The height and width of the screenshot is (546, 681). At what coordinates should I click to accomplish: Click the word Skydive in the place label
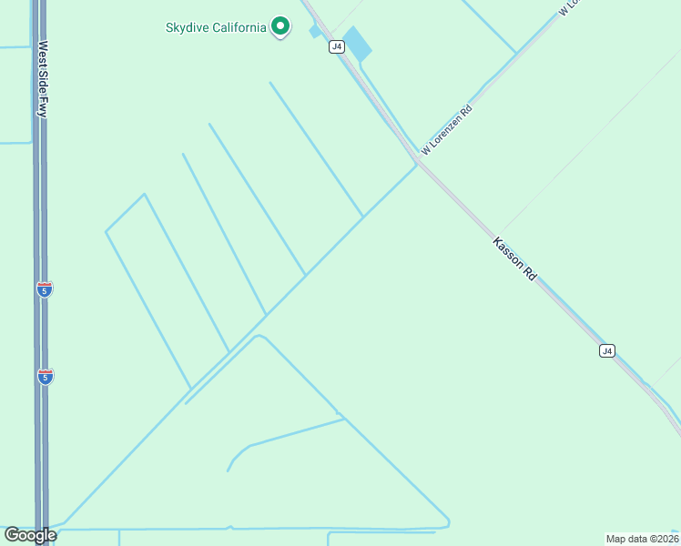click(188, 27)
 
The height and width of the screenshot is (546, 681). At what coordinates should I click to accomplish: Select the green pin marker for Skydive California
click(280, 26)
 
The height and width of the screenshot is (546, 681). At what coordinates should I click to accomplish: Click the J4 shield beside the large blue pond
click(337, 46)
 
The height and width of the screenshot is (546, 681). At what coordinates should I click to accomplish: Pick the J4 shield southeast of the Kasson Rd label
click(607, 350)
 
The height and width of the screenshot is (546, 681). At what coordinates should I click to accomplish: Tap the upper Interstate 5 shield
click(45, 289)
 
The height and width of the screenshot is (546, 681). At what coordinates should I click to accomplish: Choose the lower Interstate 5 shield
click(45, 376)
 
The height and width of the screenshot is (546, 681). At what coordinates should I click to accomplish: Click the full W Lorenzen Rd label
click(447, 129)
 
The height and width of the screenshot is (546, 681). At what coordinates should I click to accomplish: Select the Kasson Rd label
click(514, 258)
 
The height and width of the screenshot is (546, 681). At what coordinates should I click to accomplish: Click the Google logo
click(30, 535)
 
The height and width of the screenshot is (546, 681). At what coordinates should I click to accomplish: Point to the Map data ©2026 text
click(642, 538)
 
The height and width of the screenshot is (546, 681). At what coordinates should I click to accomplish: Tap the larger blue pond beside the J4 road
click(357, 44)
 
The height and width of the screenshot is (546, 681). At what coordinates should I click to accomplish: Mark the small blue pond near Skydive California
click(316, 31)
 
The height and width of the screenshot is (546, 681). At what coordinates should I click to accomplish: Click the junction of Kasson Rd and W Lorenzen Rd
click(417, 162)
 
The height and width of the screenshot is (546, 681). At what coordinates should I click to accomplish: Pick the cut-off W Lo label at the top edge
click(569, 8)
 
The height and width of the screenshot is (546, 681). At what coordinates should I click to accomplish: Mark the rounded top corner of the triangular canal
click(259, 336)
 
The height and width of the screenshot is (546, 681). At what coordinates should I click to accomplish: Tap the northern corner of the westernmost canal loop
click(144, 194)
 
